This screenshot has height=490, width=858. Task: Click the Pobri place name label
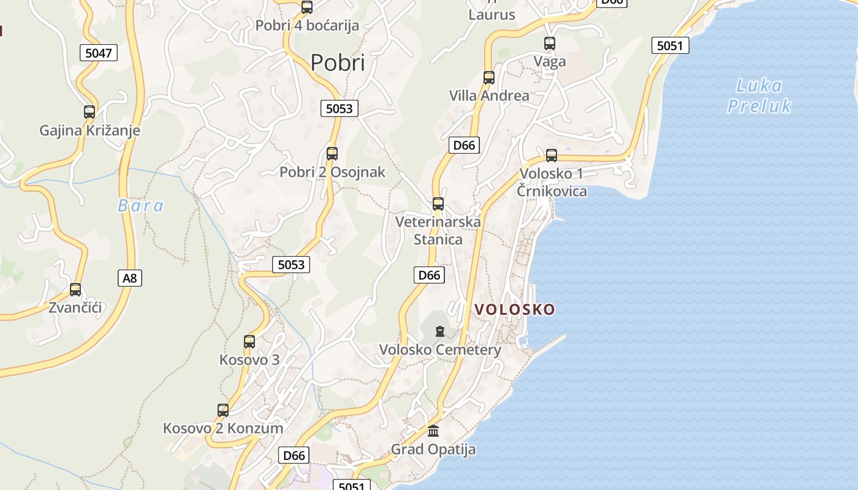tap(337, 62)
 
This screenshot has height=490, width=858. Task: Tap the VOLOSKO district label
tap(515, 309)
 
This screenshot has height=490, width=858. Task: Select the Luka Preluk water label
tap(759, 96)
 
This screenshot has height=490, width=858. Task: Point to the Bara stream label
tap(140, 206)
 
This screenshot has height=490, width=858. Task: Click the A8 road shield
tap(129, 278)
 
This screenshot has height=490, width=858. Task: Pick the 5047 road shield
tap(98, 53)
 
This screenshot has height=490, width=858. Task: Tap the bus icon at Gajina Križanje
tap(89, 112)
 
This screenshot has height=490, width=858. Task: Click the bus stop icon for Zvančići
tap(75, 290)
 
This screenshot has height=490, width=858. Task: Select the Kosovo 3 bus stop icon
tap(249, 342)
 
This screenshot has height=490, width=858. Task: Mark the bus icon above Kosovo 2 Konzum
tap(223, 410)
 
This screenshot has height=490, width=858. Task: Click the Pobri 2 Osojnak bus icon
tap(332, 154)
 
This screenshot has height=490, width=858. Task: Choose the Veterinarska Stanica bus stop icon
tap(438, 204)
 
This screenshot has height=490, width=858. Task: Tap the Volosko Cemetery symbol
tap(439, 332)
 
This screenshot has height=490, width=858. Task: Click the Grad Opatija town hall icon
tap(433, 431)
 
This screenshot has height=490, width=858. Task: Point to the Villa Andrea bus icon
tap(488, 78)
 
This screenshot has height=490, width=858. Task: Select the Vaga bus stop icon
tap(550, 43)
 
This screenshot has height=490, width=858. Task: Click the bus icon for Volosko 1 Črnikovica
tap(552, 156)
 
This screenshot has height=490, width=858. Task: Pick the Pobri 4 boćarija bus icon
tap(307, 7)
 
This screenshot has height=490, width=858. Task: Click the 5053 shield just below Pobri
tap(339, 108)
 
